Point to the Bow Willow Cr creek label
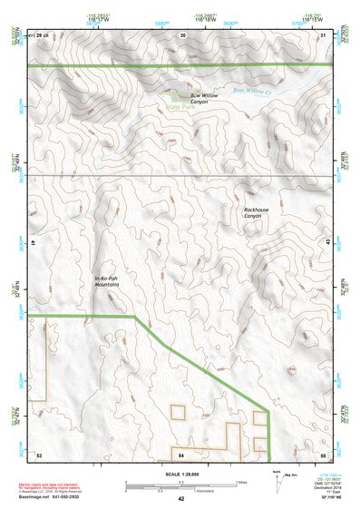pos(251,90)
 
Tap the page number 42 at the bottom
pos(180,499)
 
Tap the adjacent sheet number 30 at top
pos(182,34)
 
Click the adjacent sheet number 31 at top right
pos(324,34)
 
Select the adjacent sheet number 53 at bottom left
pos(39,454)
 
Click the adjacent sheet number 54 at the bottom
pos(181,454)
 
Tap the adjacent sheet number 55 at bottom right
pos(323,454)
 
